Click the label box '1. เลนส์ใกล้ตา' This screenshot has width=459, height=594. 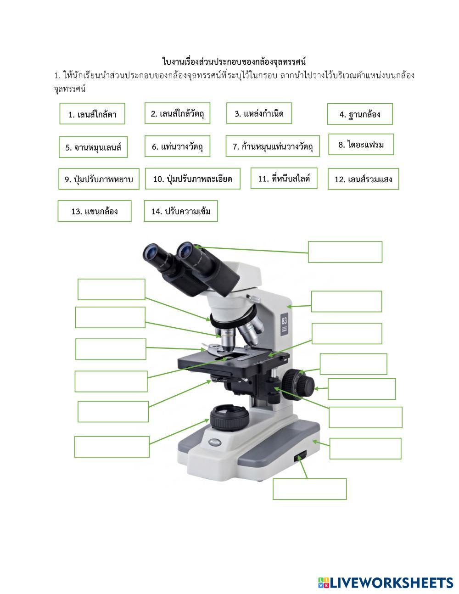point(92,114)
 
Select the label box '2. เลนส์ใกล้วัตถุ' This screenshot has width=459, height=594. point(177,113)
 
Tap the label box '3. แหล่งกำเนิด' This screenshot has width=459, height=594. point(259,113)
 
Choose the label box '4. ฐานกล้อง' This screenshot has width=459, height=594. point(360,114)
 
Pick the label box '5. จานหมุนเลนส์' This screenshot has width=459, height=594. point(93,147)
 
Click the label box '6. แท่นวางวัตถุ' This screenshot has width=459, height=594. point(177,146)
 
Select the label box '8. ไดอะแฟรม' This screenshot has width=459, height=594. point(361,144)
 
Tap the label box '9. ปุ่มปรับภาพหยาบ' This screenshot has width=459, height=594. point(99,179)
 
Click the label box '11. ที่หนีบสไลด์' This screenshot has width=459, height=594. point(284,178)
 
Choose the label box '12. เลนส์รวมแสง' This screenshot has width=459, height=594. point(364,179)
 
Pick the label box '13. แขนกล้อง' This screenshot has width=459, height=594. point(95,211)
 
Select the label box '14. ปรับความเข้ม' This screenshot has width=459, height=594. point(181,211)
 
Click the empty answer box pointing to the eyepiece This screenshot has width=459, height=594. point(345,252)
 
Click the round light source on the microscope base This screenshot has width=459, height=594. point(229,417)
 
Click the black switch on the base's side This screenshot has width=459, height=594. point(300,456)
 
